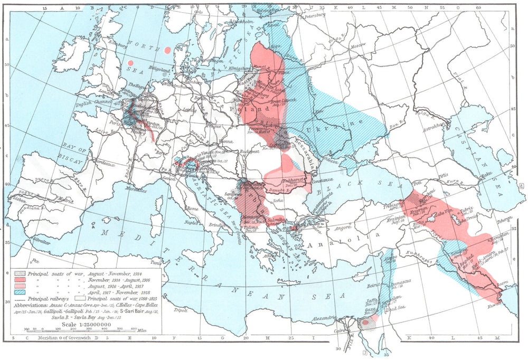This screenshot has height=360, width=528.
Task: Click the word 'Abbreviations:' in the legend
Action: click(x=37, y=305)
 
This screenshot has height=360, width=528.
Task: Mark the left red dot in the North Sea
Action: click(x=130, y=63)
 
